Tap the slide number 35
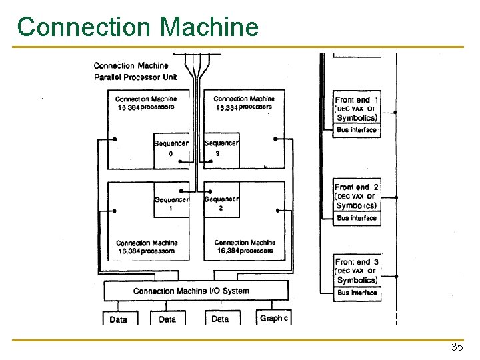click(457, 347)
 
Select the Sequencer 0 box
click(171, 148)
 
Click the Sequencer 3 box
click(221, 148)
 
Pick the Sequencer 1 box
click(171, 203)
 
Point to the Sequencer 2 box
click(221, 203)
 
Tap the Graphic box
click(273, 318)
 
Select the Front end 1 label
click(357, 100)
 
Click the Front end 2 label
click(357, 187)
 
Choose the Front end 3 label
click(357, 262)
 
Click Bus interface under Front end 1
click(357, 130)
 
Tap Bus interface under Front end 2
click(357, 218)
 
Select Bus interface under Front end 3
click(357, 293)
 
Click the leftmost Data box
click(118, 319)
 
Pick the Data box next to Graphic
click(220, 319)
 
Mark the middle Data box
click(167, 319)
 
